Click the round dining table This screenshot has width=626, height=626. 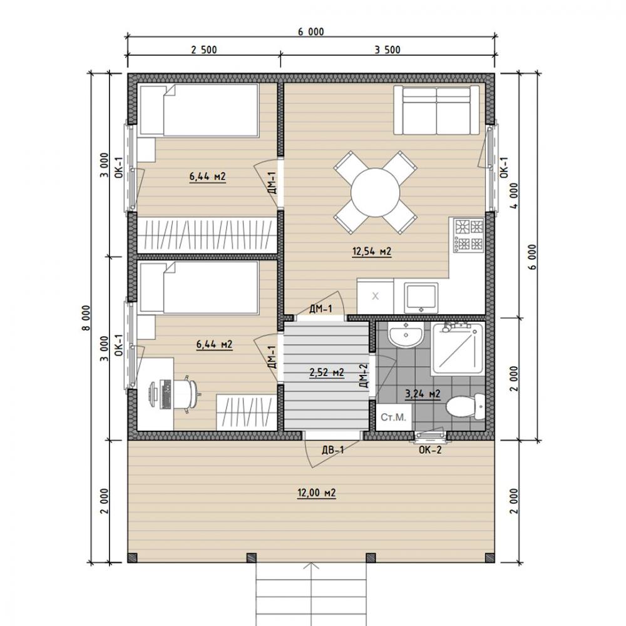375,192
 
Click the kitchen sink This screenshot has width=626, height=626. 421,297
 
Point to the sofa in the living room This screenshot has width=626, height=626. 436,110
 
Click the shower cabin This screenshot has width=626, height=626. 457,349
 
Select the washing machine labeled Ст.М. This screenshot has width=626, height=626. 394,417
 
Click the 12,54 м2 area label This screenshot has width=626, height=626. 371,252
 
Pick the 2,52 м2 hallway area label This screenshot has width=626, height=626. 327,372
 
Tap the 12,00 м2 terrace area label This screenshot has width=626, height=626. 316,493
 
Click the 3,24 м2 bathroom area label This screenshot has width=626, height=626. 423,394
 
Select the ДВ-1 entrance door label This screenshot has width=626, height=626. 332,450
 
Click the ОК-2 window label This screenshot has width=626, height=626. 430,450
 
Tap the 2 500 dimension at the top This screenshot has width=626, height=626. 203,50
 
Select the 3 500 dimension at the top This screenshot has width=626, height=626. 387,50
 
